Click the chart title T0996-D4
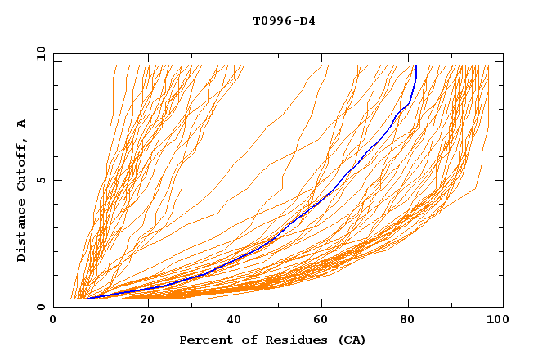pyautogui.click(x=284, y=21)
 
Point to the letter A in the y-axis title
pyautogui.click(x=22, y=124)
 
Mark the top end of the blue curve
pyautogui.click(x=416, y=67)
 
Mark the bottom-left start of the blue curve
pyautogui.click(x=87, y=298)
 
